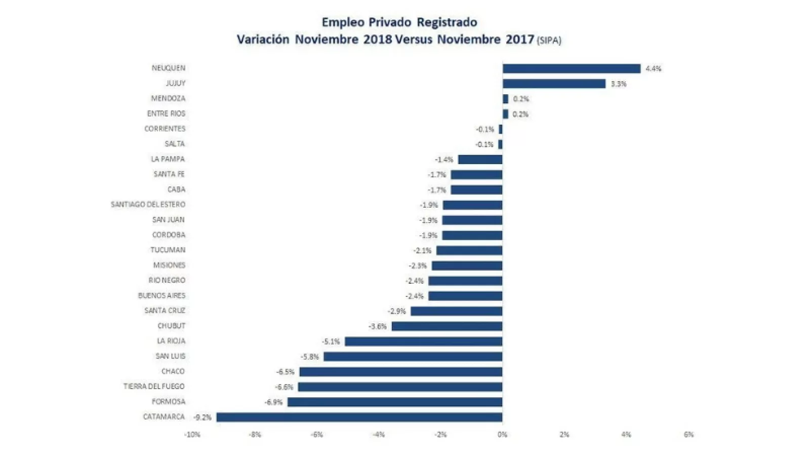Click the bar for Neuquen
571,68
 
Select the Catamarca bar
359,417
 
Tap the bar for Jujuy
554,84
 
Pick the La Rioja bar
423,341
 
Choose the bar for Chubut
447,326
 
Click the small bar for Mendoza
505,99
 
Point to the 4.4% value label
653,69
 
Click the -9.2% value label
202,417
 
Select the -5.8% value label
310,357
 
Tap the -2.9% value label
397,311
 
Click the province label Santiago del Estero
148,205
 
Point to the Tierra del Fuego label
154,387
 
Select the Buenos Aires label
161,295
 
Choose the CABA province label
176,189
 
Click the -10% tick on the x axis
192,435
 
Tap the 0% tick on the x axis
502,435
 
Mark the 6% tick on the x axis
688,435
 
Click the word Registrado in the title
447,22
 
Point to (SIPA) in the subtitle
549,41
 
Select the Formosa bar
395,402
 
